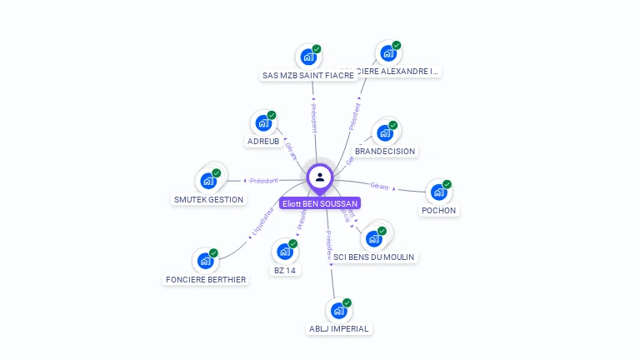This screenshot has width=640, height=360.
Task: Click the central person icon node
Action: point(320,177)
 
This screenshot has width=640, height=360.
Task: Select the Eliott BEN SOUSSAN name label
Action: point(320,203)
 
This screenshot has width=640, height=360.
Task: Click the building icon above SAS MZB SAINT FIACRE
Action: point(307,57)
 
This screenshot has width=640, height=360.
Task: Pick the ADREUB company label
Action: point(263,142)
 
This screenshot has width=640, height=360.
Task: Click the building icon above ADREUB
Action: point(263,123)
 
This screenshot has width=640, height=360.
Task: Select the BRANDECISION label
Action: point(385,152)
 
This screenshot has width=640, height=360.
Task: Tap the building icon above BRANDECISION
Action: point(384,132)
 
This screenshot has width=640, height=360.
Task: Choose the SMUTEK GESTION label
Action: point(208,199)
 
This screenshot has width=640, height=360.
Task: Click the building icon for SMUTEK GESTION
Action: point(207,180)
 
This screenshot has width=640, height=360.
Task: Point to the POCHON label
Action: point(438,211)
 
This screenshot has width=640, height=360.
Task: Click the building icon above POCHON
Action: point(438,192)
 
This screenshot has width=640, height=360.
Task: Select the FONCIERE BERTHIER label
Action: point(206,279)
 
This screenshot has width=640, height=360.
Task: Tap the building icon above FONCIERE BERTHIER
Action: point(205,260)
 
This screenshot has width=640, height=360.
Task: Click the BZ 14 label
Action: point(285,270)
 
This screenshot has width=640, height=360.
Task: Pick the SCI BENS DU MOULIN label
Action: point(373,257)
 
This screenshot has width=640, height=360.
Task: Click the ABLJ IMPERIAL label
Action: point(338,328)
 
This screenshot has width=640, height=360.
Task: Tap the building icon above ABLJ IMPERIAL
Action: point(338,310)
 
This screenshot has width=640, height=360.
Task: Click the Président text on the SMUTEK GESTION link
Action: point(264,181)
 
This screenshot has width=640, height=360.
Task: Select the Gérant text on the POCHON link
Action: point(380,185)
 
